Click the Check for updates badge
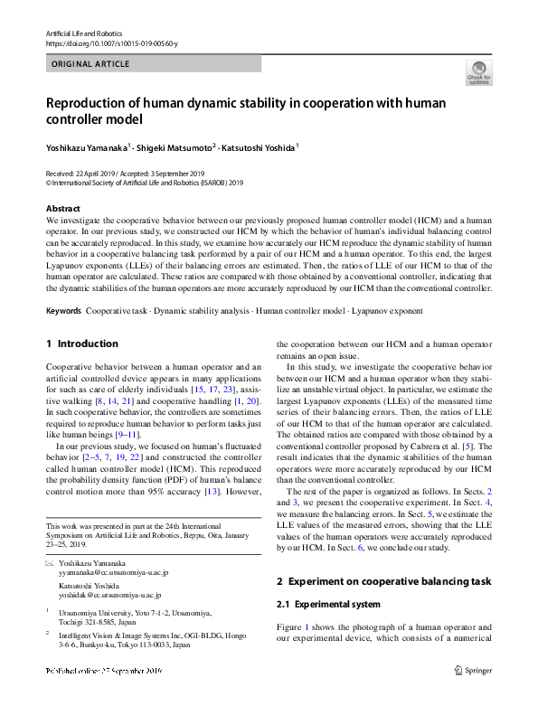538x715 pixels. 478,72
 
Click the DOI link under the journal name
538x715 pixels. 111,43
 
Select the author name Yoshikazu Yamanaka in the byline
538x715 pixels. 86,146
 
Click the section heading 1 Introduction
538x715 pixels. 81,343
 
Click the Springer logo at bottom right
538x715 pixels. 472,670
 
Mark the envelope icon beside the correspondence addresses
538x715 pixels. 50,564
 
